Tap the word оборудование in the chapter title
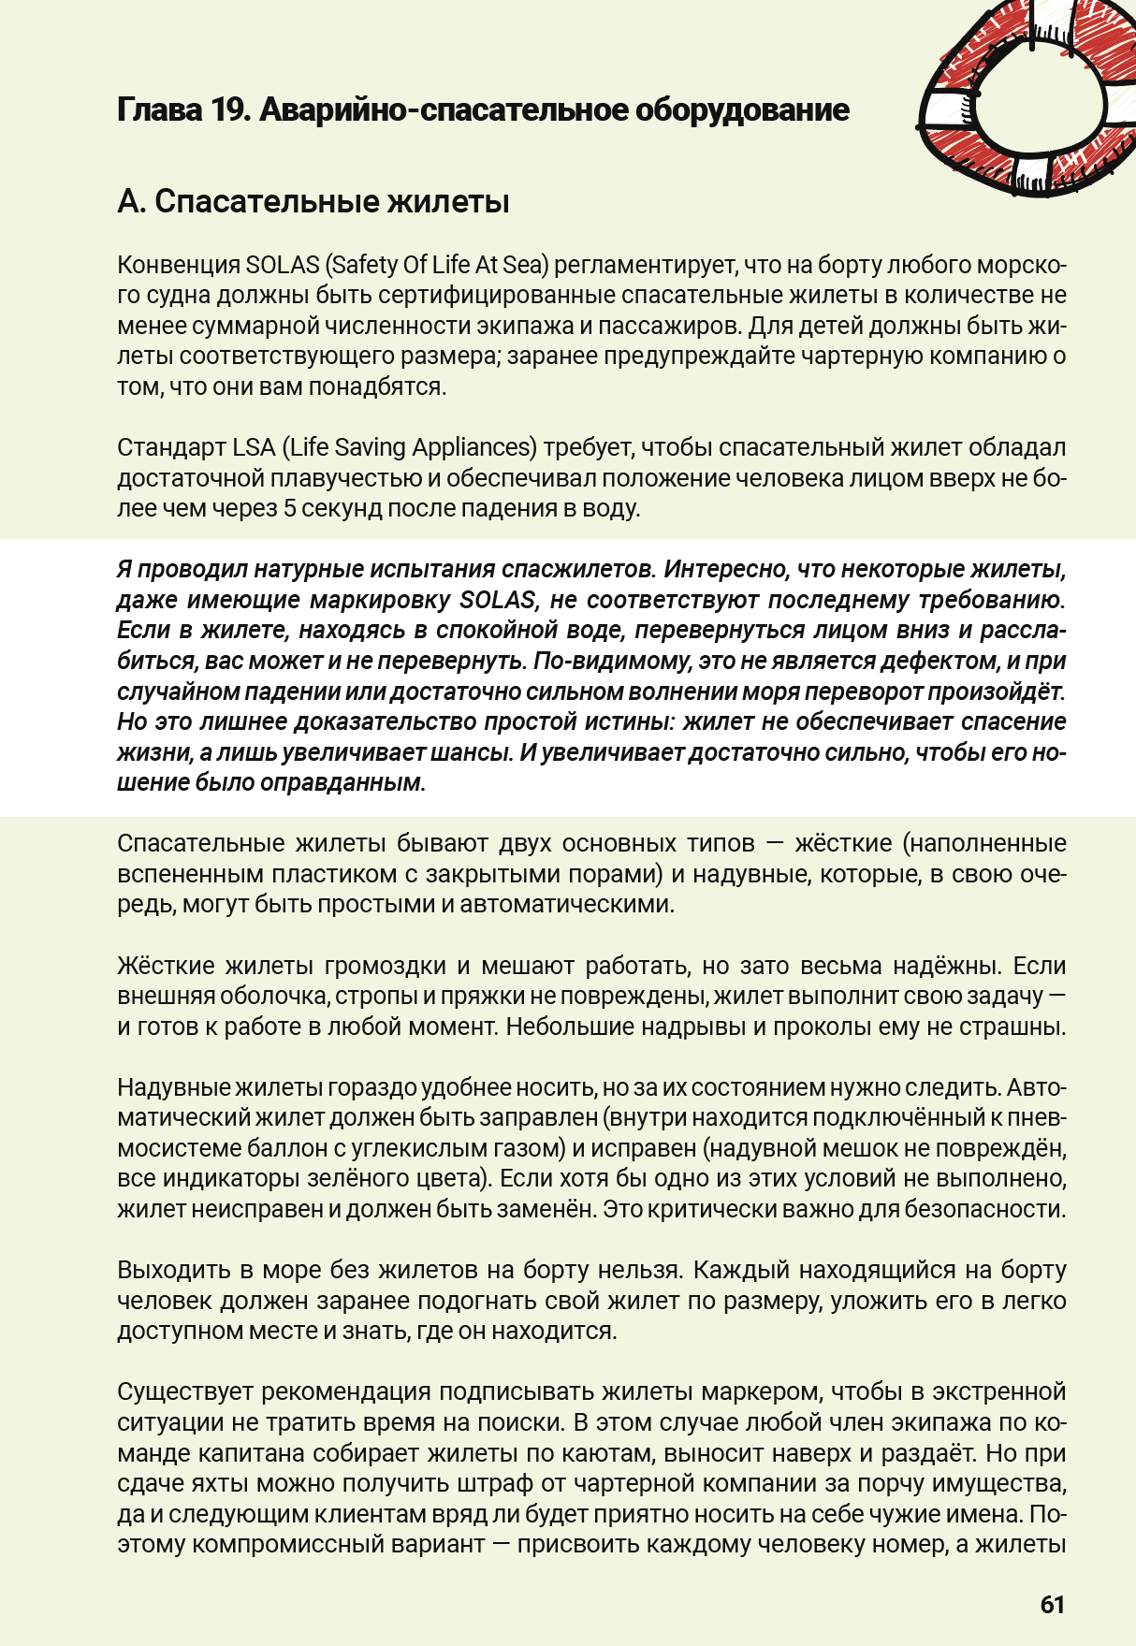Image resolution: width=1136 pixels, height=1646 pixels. click(x=742, y=110)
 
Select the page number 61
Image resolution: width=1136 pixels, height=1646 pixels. click(x=1053, y=1605)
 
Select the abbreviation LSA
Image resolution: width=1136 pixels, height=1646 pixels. click(x=254, y=447)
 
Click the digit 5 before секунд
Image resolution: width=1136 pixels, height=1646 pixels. click(x=291, y=508)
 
